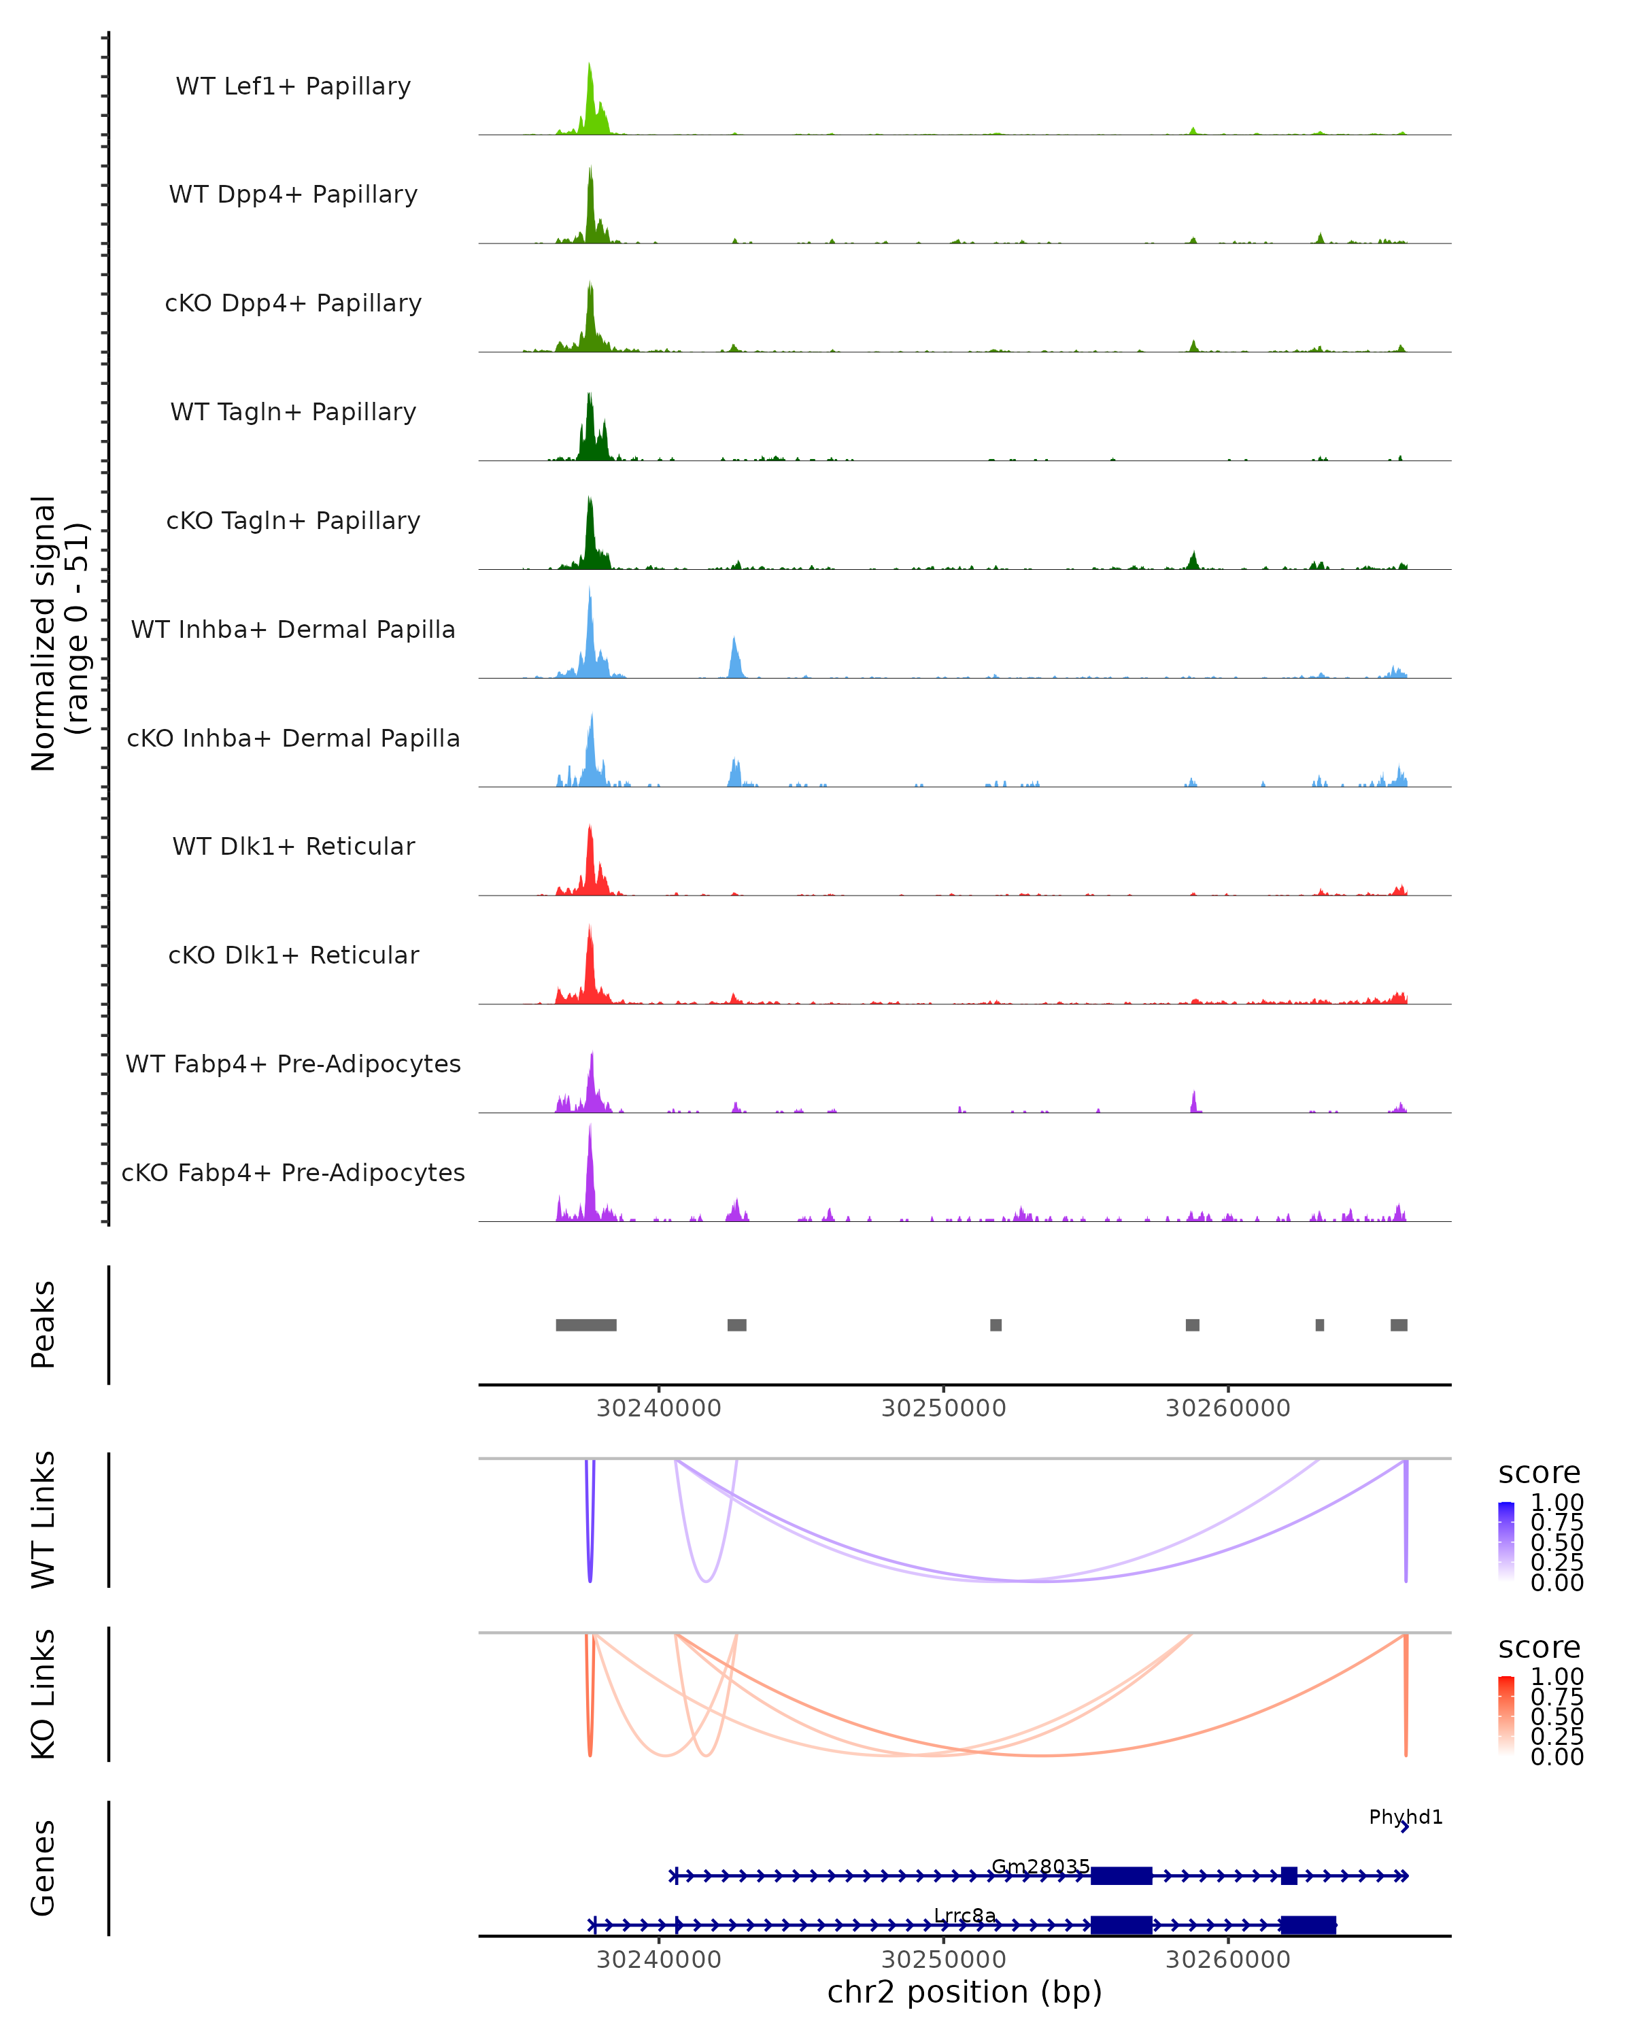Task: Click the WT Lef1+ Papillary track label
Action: pyautogui.click(x=293, y=86)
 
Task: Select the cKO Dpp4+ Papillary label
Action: pyautogui.click(x=293, y=304)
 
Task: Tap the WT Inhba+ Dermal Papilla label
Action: pyautogui.click(x=293, y=630)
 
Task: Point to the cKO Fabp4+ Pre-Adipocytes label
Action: pyautogui.click(x=293, y=1173)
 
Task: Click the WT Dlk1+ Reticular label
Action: pyautogui.click(x=293, y=847)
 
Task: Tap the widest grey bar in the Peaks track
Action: pyautogui.click(x=585, y=1325)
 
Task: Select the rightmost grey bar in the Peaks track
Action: pyautogui.click(x=1398, y=1325)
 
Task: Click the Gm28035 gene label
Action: pyautogui.click(x=1040, y=1866)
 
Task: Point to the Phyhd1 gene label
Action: pyautogui.click(x=1406, y=1817)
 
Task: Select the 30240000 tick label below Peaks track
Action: pyautogui.click(x=658, y=1408)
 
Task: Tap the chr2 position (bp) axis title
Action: pyautogui.click(x=964, y=1992)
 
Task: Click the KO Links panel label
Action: pyautogui.click(x=44, y=1694)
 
